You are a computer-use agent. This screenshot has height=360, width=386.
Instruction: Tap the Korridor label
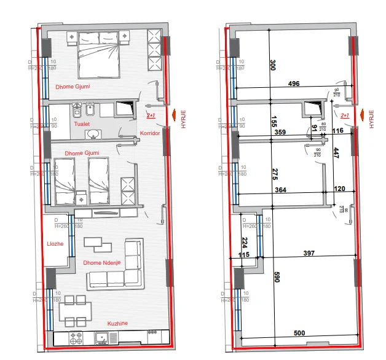click(x=149, y=133)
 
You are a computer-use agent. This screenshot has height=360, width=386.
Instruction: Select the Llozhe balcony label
click(x=55, y=244)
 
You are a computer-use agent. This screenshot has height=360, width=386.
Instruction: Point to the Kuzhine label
click(x=117, y=322)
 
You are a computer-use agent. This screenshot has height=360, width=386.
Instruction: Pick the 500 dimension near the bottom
click(x=299, y=333)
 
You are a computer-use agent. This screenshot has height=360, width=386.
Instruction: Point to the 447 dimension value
click(x=336, y=154)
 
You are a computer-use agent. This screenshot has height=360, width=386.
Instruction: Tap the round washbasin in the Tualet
click(x=93, y=134)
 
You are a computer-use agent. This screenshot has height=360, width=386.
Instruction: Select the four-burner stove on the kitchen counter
click(x=77, y=338)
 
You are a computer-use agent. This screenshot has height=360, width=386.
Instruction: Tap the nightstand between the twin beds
click(x=81, y=198)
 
